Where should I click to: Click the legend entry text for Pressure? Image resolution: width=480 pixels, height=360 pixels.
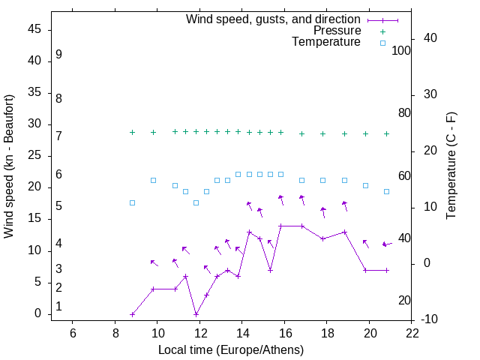click(337, 31)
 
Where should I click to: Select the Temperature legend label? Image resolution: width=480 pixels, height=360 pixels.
click(326, 42)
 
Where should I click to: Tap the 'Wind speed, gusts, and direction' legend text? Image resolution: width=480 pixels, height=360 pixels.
click(273, 19)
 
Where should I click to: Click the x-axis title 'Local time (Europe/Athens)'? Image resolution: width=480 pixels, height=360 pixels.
click(231, 350)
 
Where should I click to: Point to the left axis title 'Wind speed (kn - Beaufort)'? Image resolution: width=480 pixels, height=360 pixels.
click(9, 166)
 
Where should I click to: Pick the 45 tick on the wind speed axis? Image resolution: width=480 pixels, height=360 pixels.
click(34, 29)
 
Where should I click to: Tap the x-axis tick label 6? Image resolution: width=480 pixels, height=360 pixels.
click(73, 334)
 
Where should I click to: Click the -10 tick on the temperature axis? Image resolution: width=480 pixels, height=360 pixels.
click(430, 319)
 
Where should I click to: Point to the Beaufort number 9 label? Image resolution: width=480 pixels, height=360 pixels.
click(58, 55)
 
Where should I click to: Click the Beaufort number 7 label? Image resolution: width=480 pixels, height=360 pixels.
click(58, 136)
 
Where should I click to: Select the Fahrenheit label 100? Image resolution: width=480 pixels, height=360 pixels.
click(402, 51)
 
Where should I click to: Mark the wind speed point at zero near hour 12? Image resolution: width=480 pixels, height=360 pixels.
click(196, 314)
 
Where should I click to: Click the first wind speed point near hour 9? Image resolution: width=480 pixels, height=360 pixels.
click(132, 314)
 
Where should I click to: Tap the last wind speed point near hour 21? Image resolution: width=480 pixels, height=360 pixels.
click(386, 270)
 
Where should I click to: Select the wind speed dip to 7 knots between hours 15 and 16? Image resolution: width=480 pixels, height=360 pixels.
click(270, 270)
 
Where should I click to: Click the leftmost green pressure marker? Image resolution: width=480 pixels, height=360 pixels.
click(132, 132)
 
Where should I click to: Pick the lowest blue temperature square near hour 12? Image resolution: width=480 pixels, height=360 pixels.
click(196, 202)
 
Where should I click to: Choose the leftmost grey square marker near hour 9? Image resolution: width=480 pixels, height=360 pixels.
click(132, 202)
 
